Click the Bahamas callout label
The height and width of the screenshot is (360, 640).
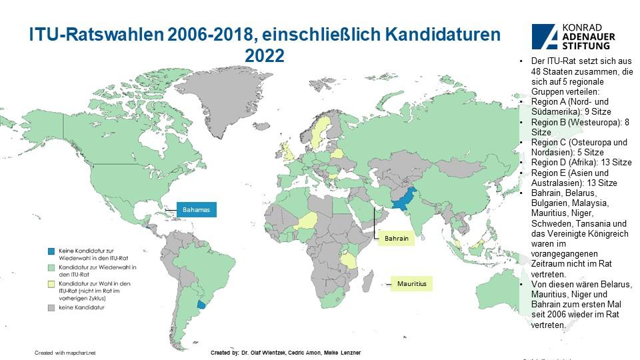(197, 210)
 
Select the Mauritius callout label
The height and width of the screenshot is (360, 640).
(411, 284)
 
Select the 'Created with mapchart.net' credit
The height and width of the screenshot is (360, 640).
(65, 351)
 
